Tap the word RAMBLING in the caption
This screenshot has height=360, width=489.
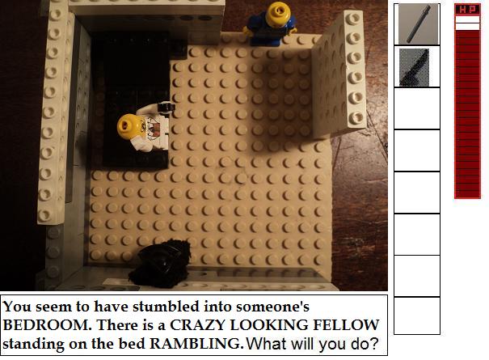(196, 344)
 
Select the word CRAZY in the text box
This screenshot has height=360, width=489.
(197, 325)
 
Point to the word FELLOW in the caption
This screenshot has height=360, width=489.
(346, 325)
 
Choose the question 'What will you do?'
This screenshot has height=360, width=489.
(312, 344)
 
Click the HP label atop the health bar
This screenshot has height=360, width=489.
(467, 10)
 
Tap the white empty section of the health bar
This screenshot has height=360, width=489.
(467, 23)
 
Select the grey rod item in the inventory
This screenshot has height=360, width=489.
(418, 24)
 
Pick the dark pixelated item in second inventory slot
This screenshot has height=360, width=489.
(414, 67)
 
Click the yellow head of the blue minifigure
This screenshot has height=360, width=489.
(278, 14)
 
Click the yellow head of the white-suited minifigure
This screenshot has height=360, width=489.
(129, 126)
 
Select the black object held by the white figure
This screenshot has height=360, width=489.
(166, 107)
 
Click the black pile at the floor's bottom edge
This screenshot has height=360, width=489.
(160, 264)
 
